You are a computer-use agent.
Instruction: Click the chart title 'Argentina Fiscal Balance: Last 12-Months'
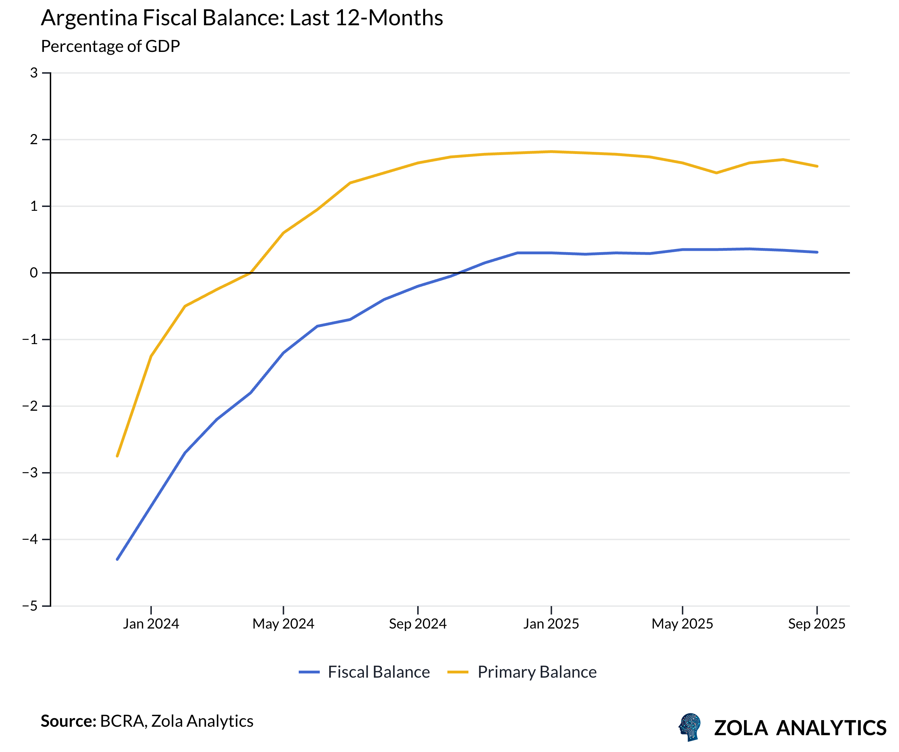coord(242,18)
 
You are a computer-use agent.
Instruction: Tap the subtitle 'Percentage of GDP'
coord(110,46)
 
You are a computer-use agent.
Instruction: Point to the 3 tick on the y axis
coord(34,73)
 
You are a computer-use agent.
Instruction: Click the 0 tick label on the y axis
coord(34,273)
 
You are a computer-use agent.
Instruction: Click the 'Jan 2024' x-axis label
coord(151,624)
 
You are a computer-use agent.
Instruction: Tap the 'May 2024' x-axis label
coord(283,624)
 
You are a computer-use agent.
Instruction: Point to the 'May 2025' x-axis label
coord(682,624)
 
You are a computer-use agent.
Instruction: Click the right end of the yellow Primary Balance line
coord(817,166)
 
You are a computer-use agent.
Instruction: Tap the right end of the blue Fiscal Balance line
coord(817,252)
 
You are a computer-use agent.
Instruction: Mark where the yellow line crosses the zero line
coord(250,273)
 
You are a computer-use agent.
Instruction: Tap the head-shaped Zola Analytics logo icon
coord(690,727)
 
